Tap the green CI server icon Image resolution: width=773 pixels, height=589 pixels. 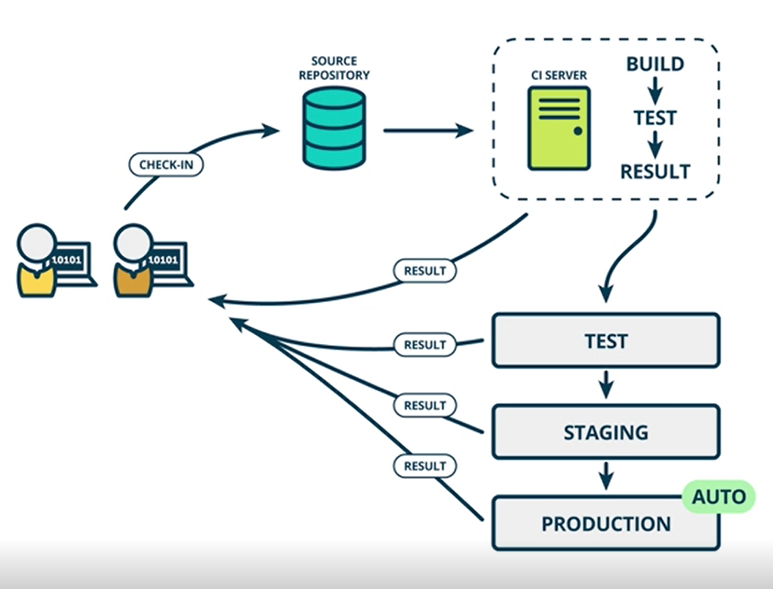tap(558, 128)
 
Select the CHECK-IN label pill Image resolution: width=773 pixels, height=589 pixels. tap(166, 164)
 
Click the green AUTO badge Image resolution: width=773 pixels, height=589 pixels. tap(719, 497)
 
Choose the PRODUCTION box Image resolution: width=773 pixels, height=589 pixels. tap(605, 524)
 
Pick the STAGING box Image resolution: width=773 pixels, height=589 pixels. tap(605, 432)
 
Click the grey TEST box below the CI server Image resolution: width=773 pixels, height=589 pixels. tap(605, 340)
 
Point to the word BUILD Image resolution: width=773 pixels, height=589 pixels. tap(655, 65)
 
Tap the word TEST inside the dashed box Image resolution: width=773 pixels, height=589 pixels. tap(655, 118)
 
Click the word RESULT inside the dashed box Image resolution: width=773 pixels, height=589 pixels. tap(655, 172)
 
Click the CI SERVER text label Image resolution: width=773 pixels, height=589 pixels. tap(559, 75)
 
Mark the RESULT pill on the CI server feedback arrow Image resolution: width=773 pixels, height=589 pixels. tap(425, 271)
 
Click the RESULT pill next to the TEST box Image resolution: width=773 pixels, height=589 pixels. tap(425, 344)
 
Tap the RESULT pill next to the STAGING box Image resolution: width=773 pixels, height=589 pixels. tap(425, 405)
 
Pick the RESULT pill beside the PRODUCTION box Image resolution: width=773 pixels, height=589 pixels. tap(425, 466)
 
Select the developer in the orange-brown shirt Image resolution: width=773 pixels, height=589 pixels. tap(134, 261)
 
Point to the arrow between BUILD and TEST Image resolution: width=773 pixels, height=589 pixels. tap(655, 90)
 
